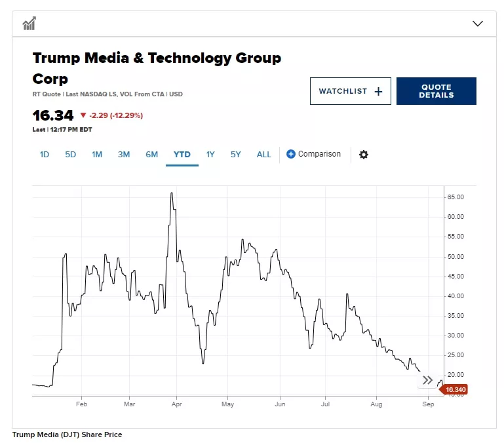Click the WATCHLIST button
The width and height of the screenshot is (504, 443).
pos(350,91)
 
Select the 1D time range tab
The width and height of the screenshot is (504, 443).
pos(45,155)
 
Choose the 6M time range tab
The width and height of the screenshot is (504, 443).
pos(151,155)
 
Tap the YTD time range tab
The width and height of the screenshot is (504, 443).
pos(182,155)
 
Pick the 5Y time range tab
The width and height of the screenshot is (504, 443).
pos(236,155)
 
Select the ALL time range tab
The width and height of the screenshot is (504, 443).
pos(263,155)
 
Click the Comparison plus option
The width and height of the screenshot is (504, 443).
pos(313,154)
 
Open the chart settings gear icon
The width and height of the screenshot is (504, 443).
pos(364,155)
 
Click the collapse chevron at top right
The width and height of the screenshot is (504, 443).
pos(478,24)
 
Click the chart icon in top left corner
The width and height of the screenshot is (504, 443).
pos(29,24)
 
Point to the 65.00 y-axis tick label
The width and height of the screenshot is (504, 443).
pos(455,197)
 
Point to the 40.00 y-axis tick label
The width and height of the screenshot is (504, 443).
pos(455,296)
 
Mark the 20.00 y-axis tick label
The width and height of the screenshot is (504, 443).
pos(455,374)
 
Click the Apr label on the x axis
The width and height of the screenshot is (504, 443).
pos(176,404)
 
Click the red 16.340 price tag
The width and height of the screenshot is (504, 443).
pos(454,390)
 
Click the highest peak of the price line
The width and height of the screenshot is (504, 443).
pos(171,193)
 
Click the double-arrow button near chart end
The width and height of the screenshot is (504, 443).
pos(427,380)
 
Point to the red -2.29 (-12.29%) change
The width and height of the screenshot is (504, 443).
pos(111,115)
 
